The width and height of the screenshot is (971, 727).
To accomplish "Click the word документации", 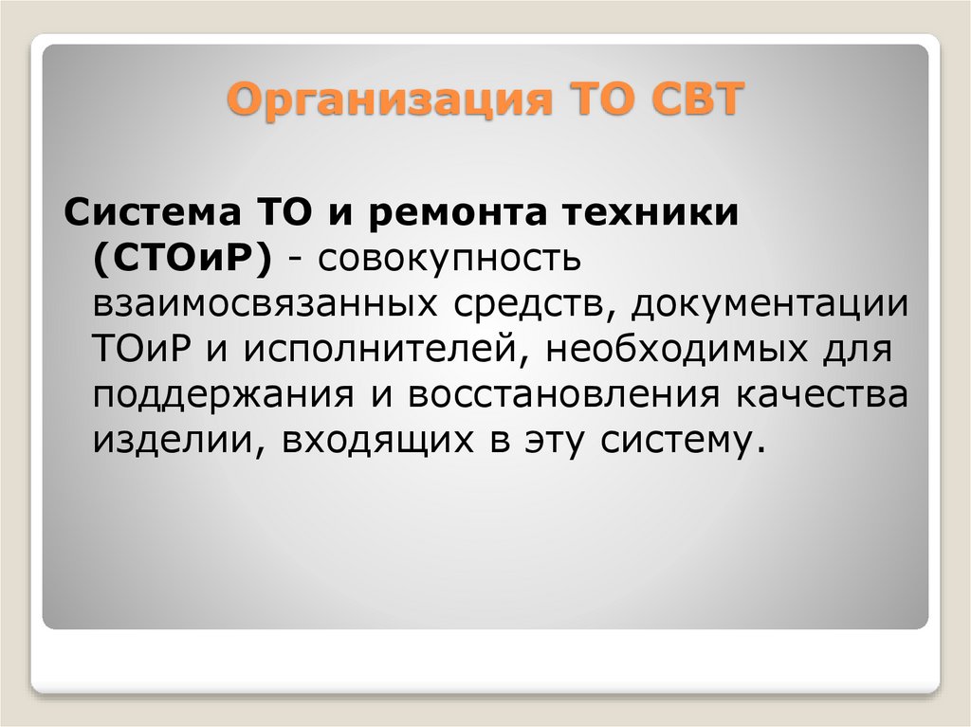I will point(768,304).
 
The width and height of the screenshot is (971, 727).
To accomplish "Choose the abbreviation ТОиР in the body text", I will point(143,350).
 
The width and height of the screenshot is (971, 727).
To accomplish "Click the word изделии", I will point(172,441).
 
